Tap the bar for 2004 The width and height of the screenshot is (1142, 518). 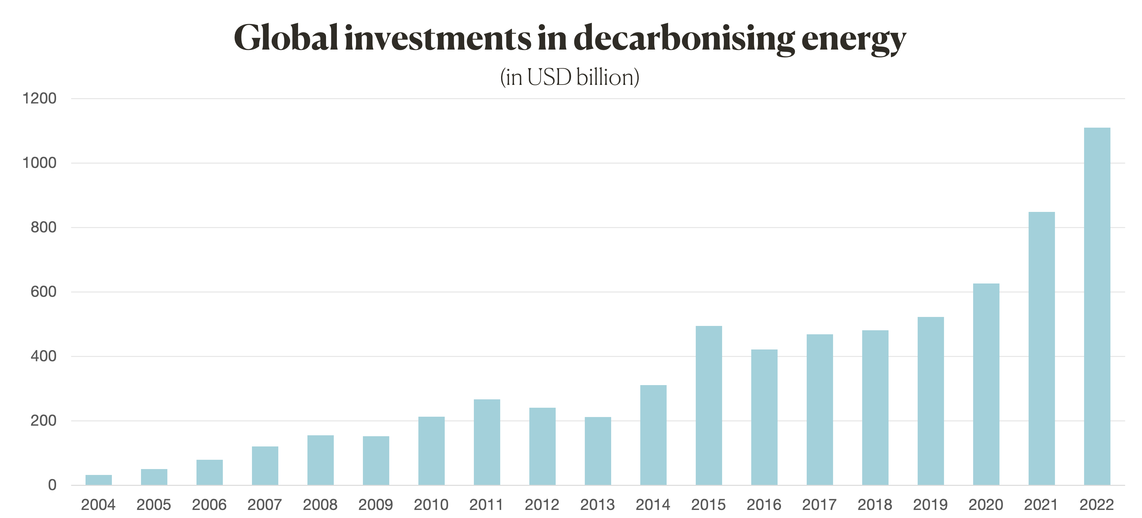(x=99, y=480)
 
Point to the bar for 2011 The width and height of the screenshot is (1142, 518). (x=487, y=442)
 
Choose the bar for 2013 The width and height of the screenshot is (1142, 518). (x=597, y=451)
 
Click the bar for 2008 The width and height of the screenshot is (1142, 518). (x=320, y=460)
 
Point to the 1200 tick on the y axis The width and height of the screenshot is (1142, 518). (x=40, y=99)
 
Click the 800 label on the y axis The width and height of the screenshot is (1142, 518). (x=43, y=228)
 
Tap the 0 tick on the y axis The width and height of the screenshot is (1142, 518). (x=52, y=485)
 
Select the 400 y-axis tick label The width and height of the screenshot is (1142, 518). (x=43, y=357)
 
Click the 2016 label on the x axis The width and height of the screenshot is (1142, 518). (x=764, y=505)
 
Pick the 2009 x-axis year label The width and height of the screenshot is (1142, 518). (x=376, y=505)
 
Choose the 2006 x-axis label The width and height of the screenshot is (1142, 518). (x=209, y=505)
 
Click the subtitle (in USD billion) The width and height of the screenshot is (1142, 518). (x=570, y=77)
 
